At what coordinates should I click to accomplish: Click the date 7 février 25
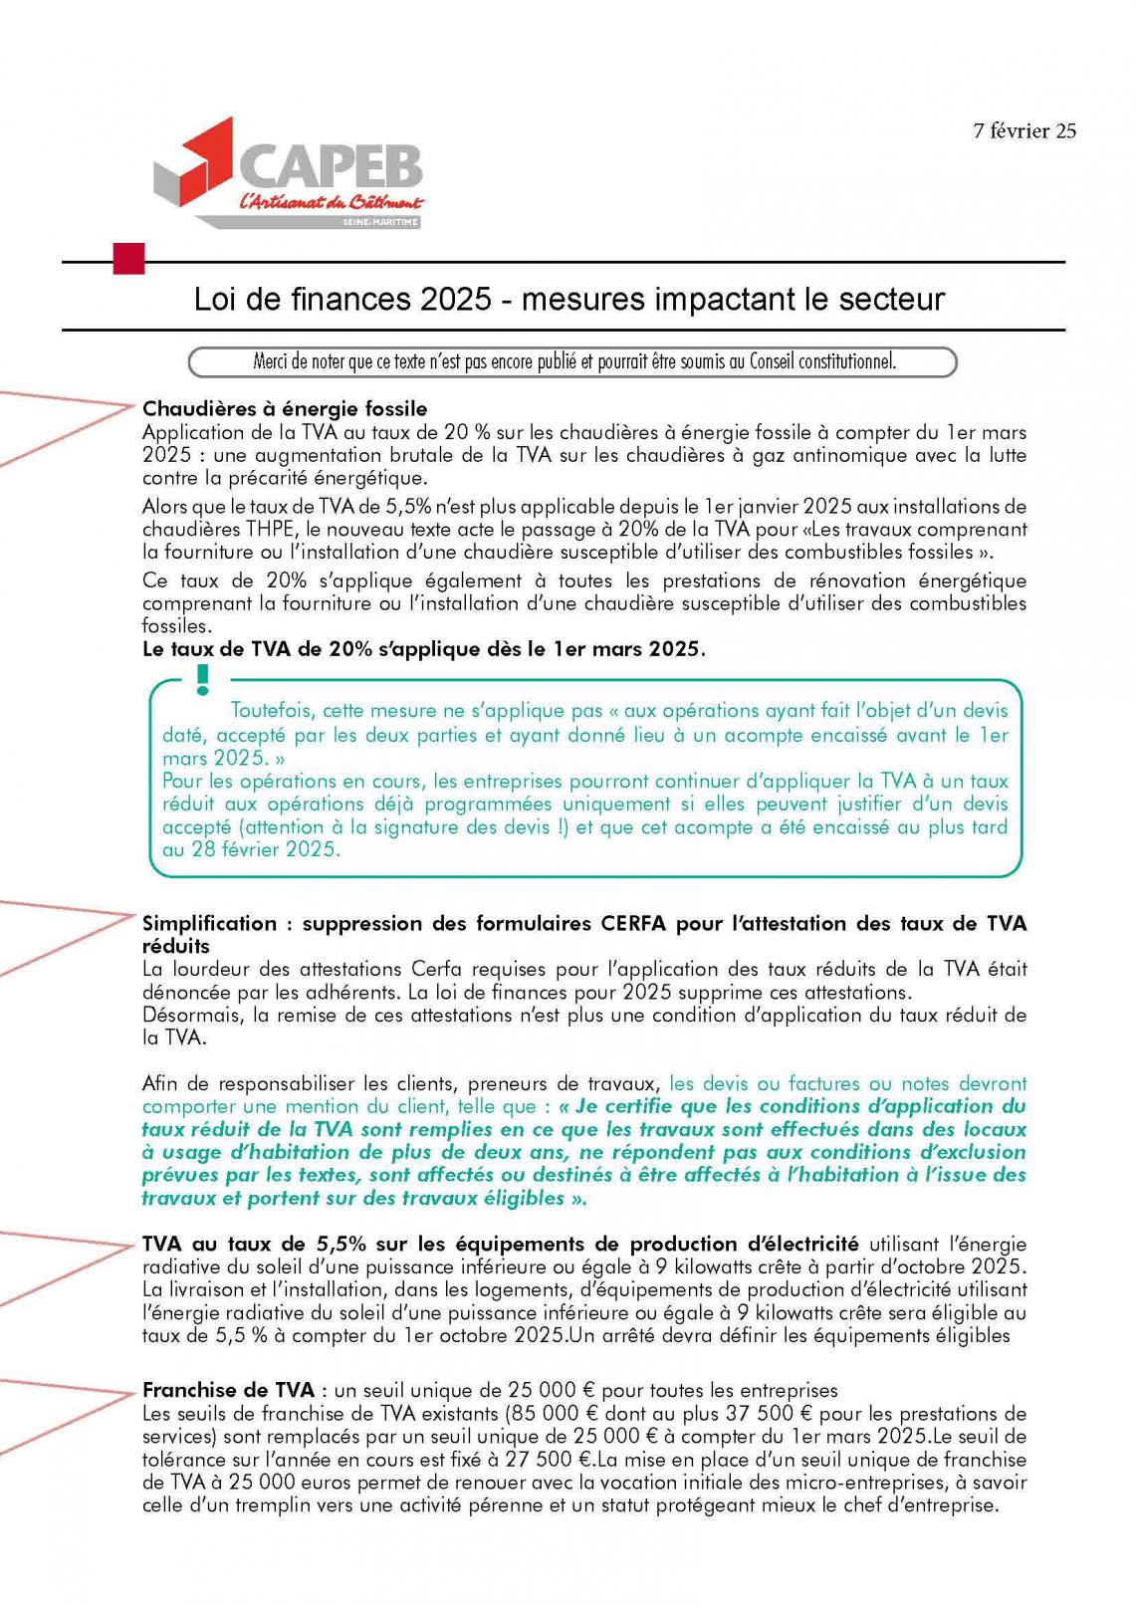pyautogui.click(x=1024, y=130)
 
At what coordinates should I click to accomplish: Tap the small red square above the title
pyautogui.click(x=129, y=259)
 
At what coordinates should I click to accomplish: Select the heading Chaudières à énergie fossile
pyautogui.click(x=285, y=409)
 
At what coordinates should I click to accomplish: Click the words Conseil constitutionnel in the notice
pyautogui.click(x=812, y=361)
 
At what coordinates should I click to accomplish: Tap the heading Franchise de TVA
pyautogui.click(x=228, y=1390)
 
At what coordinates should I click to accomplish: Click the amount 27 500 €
pyautogui.click(x=544, y=1459)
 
